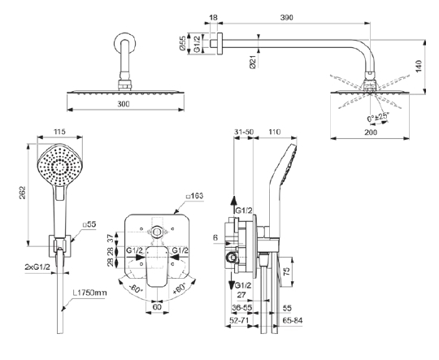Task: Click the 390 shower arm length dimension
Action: click(x=286, y=17)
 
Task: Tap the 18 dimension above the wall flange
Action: click(x=213, y=17)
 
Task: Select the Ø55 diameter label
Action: click(x=182, y=43)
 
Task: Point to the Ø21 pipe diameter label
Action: click(x=253, y=62)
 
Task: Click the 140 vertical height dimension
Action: click(x=419, y=66)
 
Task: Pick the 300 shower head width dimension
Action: click(x=124, y=104)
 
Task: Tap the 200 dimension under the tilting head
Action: click(x=371, y=132)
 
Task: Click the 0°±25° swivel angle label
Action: click(x=378, y=117)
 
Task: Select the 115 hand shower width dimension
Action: click(x=59, y=132)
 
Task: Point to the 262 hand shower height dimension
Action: click(x=23, y=193)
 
